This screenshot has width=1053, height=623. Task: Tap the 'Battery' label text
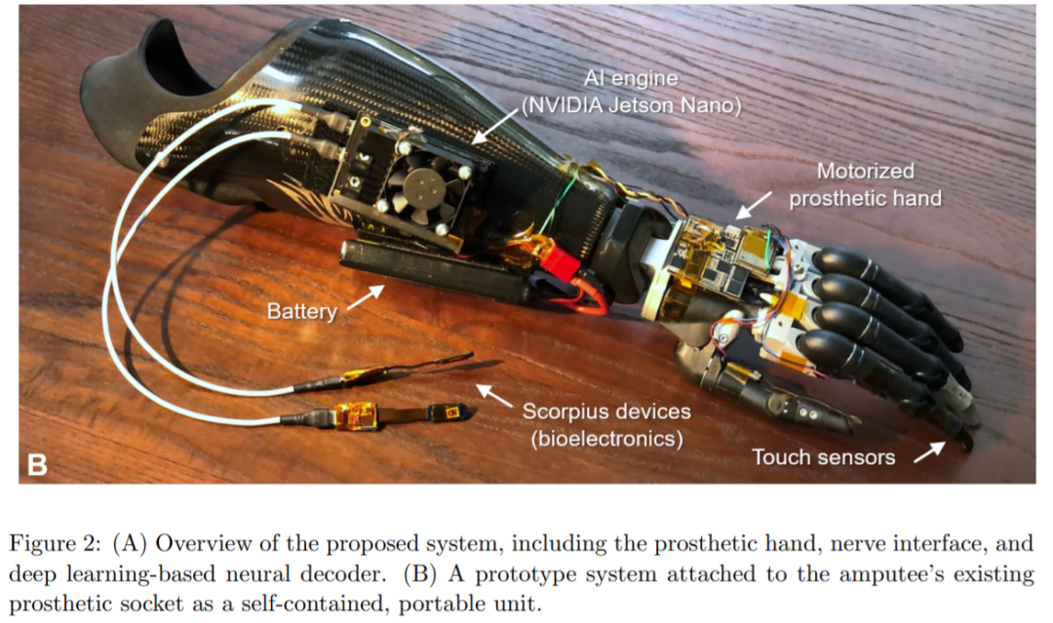(301, 312)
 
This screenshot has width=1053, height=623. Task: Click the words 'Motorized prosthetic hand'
(865, 184)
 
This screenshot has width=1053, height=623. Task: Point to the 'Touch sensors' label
(824, 455)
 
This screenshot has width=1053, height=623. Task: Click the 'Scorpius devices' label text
(605, 412)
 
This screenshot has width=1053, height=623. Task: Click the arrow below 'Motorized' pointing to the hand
(749, 209)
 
